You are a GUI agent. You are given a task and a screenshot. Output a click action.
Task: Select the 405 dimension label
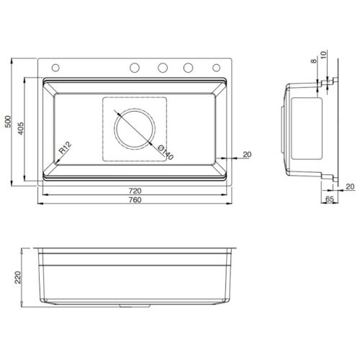(24, 127)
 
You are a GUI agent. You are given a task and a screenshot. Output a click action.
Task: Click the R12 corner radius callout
(64, 149)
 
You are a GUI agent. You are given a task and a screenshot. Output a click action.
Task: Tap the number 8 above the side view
(315, 63)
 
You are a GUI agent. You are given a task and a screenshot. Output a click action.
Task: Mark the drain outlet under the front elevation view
(135, 307)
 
